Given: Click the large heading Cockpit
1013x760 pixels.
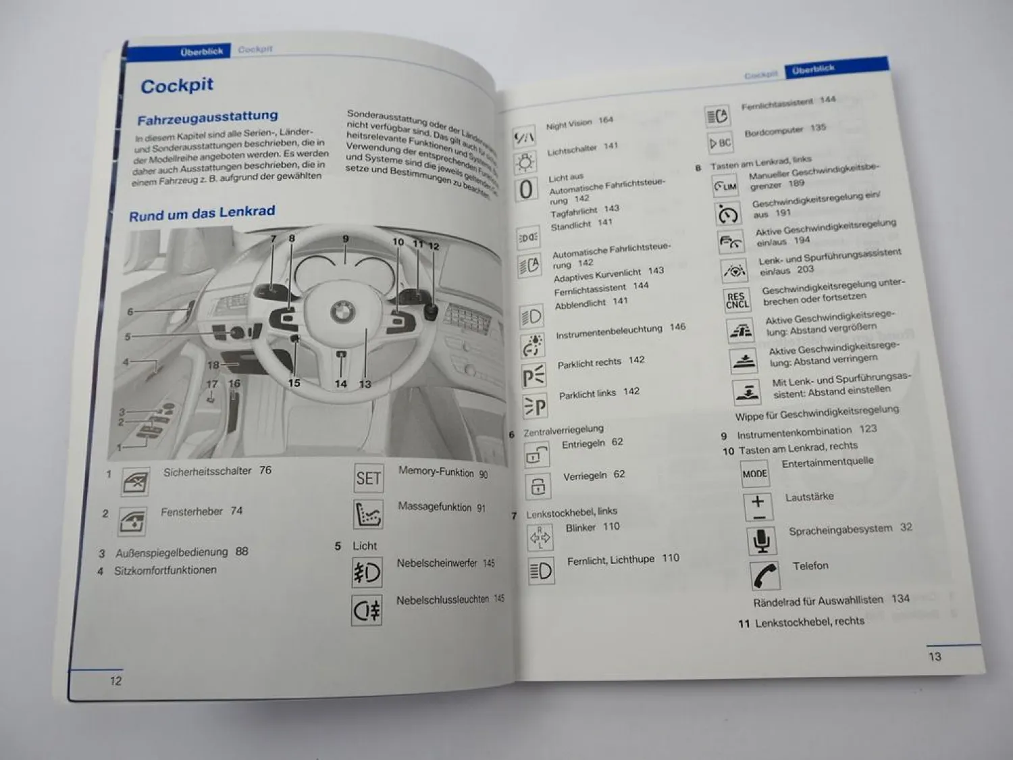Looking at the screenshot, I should point(177,86).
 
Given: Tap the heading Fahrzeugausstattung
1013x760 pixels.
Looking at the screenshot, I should point(207,118).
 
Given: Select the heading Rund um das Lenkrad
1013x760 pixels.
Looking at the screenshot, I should point(202,213).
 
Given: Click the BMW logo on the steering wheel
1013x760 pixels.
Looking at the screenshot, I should point(343,312).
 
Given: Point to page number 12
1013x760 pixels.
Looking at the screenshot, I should point(116,681).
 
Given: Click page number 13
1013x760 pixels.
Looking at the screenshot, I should point(935,656).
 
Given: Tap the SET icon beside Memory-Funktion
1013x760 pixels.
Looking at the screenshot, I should point(368,478).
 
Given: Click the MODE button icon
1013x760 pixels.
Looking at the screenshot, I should point(754,474).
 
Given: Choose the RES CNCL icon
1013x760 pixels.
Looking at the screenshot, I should point(736,301).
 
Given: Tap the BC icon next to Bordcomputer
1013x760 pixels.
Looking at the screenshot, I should point(720,143).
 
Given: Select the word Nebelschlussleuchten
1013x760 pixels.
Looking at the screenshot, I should point(442,599).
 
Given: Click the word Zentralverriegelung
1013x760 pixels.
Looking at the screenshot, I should point(563,430).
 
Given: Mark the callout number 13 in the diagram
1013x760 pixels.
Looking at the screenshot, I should point(365,384).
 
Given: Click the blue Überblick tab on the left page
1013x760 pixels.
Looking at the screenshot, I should point(201,51).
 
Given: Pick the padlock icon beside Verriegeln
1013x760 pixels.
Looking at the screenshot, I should point(538,486).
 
